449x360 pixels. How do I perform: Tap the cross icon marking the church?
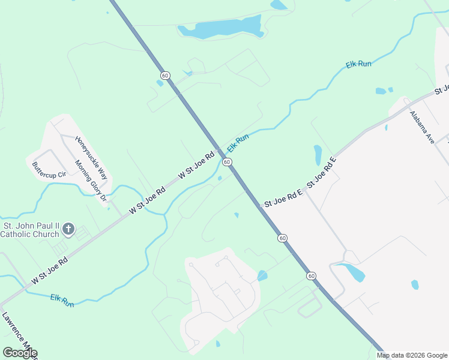click(68, 229)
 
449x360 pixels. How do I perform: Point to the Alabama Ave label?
click(422, 127)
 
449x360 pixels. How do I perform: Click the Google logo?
click(20, 353)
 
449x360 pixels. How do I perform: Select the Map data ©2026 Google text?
click(412, 355)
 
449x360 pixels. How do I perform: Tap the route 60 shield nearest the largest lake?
click(165, 75)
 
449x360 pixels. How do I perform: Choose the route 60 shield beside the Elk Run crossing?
click(226, 162)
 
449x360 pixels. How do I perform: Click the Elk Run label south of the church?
click(62, 301)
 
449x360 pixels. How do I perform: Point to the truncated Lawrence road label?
click(18, 336)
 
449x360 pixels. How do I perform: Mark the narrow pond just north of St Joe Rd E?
click(317, 154)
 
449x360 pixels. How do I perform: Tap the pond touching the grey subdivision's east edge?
click(262, 275)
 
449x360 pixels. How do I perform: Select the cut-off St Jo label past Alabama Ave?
click(442, 90)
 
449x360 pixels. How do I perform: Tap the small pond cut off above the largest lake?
click(279, 5)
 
